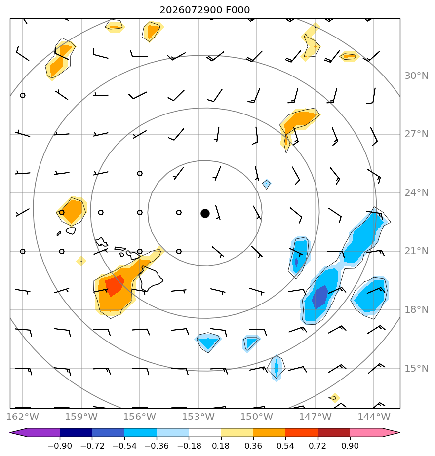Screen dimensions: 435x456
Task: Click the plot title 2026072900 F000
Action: (204, 10)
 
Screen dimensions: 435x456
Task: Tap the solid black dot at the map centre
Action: (205, 214)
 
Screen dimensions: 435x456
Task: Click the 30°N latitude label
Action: (416, 76)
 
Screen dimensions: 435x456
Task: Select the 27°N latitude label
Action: (416, 134)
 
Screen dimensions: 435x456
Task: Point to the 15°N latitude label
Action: (416, 369)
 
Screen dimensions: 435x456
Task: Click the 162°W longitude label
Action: (22, 417)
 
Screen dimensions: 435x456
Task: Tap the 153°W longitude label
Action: (198, 417)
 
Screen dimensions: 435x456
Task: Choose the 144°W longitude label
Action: (374, 417)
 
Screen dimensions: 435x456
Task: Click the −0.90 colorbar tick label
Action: (60, 446)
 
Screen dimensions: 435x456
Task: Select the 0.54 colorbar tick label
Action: (285, 446)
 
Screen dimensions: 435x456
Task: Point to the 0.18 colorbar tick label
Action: (221, 446)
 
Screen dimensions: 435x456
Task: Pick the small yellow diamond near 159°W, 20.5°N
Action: (81, 261)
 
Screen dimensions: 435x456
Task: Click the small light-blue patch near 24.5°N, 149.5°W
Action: (267, 184)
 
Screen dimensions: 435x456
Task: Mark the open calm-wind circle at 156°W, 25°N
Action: (140, 173)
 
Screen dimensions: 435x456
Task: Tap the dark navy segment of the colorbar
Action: (76, 433)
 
